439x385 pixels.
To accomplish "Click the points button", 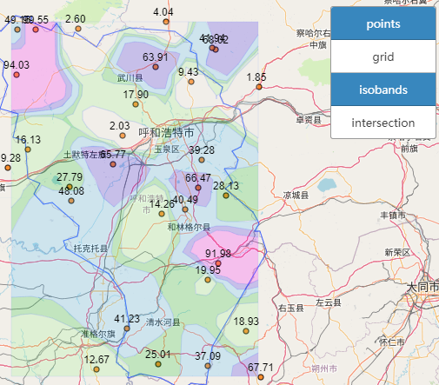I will tap(382, 23).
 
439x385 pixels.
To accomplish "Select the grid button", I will tap(382, 56).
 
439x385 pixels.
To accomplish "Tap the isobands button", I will tap(382, 90).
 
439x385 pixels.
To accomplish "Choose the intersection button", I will tap(382, 123).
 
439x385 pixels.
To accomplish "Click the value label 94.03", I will tap(16, 65).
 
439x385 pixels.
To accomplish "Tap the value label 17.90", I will tap(136, 95).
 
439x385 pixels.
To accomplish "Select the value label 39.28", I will tap(201, 150).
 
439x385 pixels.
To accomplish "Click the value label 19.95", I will tap(208, 270).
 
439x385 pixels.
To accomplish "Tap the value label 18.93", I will tap(246, 322).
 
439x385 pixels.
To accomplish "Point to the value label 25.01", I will tap(158, 355).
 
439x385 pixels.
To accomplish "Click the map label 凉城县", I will tap(296, 196).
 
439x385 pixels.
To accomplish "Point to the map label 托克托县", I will tap(90, 249).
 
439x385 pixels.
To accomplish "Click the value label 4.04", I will tap(163, 12).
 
